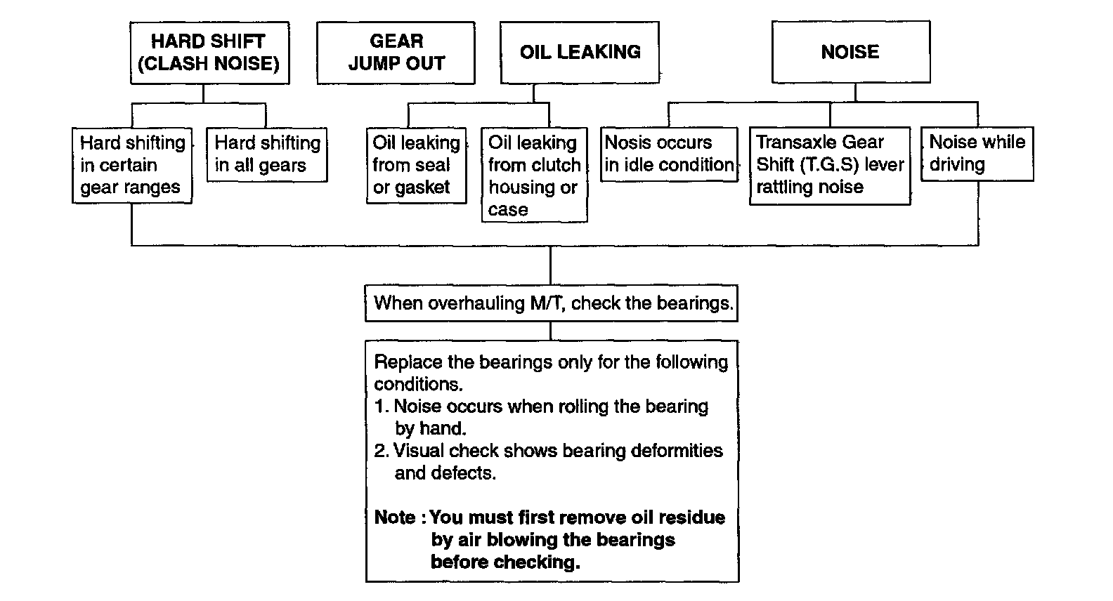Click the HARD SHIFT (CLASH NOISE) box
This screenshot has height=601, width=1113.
pos(209,53)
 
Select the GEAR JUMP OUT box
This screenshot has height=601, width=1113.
pos(396,53)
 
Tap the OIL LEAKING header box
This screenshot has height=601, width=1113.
pos(580,52)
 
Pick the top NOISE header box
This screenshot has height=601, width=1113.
pos(850,52)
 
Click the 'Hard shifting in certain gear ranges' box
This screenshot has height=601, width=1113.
pos(132,165)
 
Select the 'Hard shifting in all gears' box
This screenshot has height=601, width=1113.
pos(267,154)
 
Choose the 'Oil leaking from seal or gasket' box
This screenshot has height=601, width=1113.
pos(416,165)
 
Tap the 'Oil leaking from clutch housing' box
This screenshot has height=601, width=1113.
pos(534,176)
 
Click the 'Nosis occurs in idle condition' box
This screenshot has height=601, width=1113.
pos(669,154)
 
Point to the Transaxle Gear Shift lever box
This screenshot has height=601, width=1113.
pos(830,165)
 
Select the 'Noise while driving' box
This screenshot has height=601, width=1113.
pos(977,154)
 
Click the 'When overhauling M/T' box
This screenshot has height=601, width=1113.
pos(552,303)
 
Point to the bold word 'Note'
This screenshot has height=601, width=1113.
pos(395,517)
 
